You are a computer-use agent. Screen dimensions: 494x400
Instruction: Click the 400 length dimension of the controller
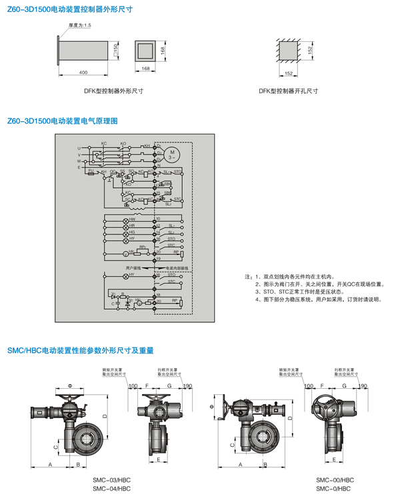click(83, 71)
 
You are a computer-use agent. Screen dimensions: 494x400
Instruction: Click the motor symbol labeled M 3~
click(172, 154)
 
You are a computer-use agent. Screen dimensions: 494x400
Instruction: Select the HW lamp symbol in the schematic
click(126, 220)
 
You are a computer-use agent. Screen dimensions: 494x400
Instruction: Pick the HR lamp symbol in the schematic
click(126, 226)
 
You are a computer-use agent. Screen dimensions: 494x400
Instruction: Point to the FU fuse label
click(91, 171)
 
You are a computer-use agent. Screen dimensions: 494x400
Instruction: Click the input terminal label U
click(79, 147)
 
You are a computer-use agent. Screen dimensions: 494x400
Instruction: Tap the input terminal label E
click(79, 168)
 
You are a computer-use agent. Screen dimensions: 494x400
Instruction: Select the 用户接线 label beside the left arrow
click(133, 267)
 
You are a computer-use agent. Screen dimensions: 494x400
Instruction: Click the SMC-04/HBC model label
click(111, 488)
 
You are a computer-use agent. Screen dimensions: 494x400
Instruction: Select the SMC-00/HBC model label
click(335, 479)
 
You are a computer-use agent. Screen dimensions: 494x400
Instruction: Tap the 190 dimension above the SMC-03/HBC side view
click(187, 385)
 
